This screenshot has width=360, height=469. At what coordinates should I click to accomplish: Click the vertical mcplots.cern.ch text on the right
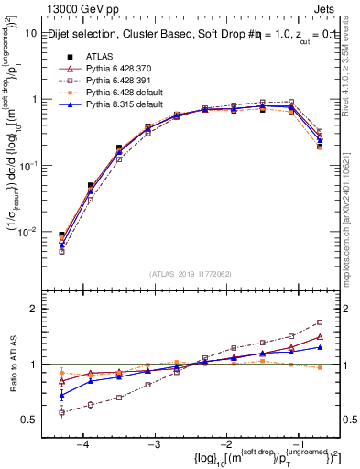click(353, 229)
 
